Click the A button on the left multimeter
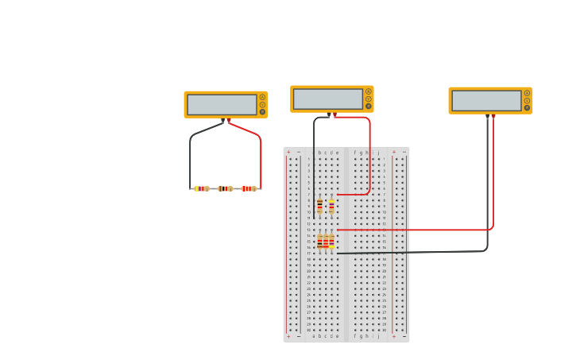click(x=262, y=98)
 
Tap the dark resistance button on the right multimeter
click(x=527, y=107)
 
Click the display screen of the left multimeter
click(x=222, y=105)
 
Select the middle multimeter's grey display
click(x=328, y=99)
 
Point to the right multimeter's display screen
click(x=486, y=101)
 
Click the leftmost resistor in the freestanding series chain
click(x=202, y=188)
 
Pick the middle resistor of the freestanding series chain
click(x=225, y=188)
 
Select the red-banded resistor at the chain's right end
click(x=249, y=188)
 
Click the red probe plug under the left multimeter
click(x=229, y=121)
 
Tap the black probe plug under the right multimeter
click(x=487, y=117)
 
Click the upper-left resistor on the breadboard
click(x=319, y=207)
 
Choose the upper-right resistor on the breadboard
click(x=331, y=207)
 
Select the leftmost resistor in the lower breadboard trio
click(x=319, y=242)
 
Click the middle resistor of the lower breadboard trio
click(x=326, y=242)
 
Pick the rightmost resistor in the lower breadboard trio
click(x=331, y=242)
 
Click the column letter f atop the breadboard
click(x=354, y=152)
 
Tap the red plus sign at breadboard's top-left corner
click(x=288, y=152)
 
